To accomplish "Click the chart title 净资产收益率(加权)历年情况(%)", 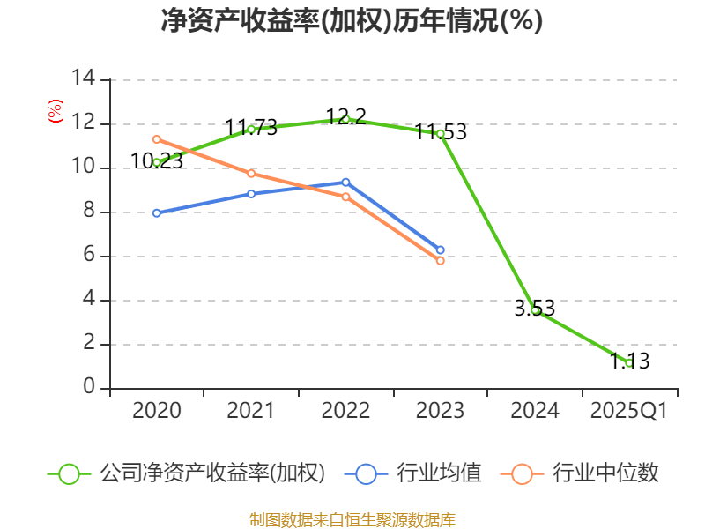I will pyautogui.click(x=352, y=21).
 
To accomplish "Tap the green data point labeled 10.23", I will pyautogui.click(x=157, y=162).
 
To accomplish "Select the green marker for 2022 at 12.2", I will pyautogui.click(x=345, y=118).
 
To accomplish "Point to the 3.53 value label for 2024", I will pyautogui.click(x=535, y=309).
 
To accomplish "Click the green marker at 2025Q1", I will pyautogui.click(x=629, y=363).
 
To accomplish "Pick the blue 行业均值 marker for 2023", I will pyautogui.click(x=441, y=250).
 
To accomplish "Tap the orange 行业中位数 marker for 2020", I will pyautogui.click(x=157, y=139).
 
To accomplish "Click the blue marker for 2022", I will pyautogui.click(x=345, y=183).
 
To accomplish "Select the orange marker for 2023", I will pyautogui.click(x=441, y=261).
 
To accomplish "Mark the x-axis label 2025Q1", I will pyautogui.click(x=629, y=411).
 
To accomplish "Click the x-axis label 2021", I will pyautogui.click(x=251, y=411).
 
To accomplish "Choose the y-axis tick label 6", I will pyautogui.click(x=89, y=256).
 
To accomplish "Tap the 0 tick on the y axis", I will pyautogui.click(x=89, y=388).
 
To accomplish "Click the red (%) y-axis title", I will pyautogui.click(x=56, y=112).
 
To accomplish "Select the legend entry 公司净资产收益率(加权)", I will pyautogui.click(x=212, y=473).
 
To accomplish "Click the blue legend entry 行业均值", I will pyautogui.click(x=438, y=473).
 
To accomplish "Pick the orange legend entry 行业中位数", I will pyautogui.click(x=605, y=473).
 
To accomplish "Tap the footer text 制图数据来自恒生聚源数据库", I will pyautogui.click(x=352, y=519).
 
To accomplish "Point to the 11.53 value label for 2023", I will pyautogui.click(x=441, y=132).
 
